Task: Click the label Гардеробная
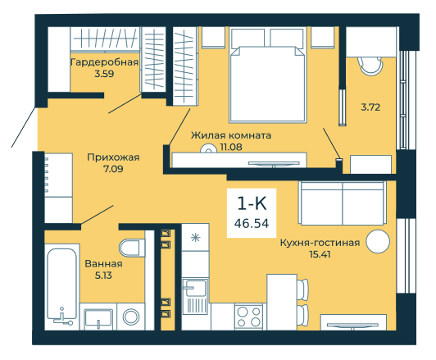(x=104, y=62)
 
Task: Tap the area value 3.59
(x=104, y=74)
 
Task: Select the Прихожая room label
(x=113, y=157)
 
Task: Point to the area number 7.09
(x=113, y=169)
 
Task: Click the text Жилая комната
(x=231, y=135)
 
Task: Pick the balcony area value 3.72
(x=370, y=107)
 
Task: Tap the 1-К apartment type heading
(x=252, y=203)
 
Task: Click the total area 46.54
(x=252, y=223)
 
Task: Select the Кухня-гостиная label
(x=320, y=243)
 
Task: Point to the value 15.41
(x=320, y=254)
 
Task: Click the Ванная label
(x=103, y=264)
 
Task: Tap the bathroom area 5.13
(x=103, y=276)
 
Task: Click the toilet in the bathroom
(x=132, y=248)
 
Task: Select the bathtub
(x=61, y=284)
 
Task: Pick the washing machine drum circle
(x=131, y=317)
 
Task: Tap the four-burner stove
(x=249, y=317)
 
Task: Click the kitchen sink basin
(x=196, y=288)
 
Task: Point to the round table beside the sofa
(x=378, y=241)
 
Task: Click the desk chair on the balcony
(x=371, y=66)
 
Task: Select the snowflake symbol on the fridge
(x=196, y=237)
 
